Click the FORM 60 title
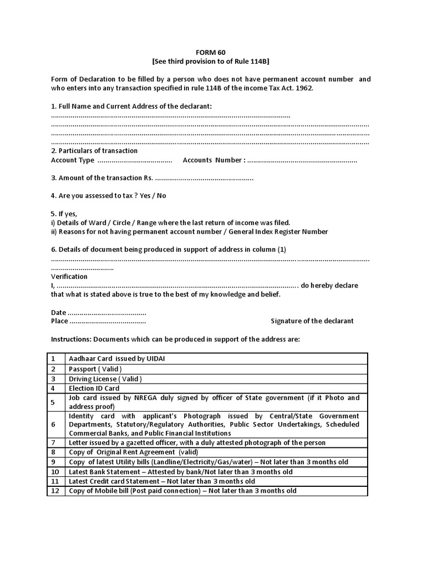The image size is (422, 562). [x=210, y=52]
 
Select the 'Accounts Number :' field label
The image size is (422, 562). [x=213, y=160]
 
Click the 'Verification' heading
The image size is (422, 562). [x=69, y=277]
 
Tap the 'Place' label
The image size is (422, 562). [x=59, y=321]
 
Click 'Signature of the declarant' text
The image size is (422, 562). [x=312, y=321]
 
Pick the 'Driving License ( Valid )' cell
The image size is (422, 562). [x=105, y=379]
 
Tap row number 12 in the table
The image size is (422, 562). [x=55, y=491]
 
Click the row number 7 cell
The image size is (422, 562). [x=54, y=442]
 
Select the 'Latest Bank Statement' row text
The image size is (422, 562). [x=180, y=471]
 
